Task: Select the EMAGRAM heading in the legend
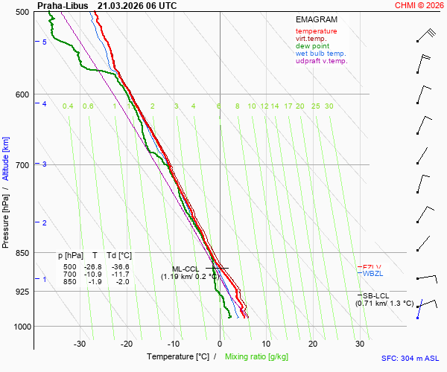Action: [316, 20]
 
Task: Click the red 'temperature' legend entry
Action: [316, 31]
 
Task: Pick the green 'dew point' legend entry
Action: [313, 46]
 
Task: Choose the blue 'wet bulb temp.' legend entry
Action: [320, 54]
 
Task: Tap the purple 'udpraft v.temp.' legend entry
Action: [321, 61]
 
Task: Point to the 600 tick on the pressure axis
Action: [21, 94]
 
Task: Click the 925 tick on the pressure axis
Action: [21, 292]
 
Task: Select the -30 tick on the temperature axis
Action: [80, 344]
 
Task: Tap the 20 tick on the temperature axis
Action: [313, 344]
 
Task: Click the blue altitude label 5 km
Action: [45, 42]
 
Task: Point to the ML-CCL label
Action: [186, 269]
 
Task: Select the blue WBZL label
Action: [372, 274]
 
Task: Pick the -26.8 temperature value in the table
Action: [93, 266]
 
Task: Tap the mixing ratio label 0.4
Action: [68, 106]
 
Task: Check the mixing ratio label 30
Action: [329, 106]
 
